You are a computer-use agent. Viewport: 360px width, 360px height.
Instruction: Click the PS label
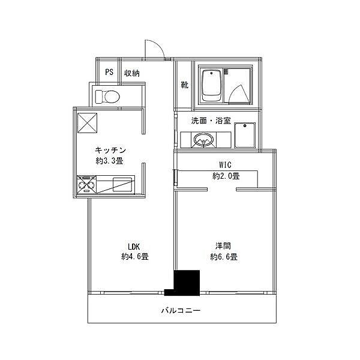tap(109, 72)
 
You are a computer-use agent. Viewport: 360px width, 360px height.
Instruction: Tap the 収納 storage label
tap(132, 73)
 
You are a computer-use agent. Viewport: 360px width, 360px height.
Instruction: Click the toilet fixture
tap(107, 97)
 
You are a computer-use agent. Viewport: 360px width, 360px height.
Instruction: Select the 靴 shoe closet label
tap(185, 85)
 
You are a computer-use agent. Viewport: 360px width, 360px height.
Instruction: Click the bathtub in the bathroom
tap(211, 85)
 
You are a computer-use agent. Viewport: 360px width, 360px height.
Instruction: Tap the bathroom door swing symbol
tap(239, 95)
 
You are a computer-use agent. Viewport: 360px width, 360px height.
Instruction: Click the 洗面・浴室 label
tap(211, 121)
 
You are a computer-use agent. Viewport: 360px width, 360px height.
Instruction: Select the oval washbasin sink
tap(204, 140)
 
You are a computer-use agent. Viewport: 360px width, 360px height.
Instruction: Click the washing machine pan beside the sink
tap(245, 136)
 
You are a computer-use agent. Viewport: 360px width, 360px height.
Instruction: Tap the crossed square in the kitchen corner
tap(87, 123)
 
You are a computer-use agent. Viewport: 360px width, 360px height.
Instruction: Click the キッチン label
tap(110, 151)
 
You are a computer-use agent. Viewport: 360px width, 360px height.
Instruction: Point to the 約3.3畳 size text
tap(110, 161)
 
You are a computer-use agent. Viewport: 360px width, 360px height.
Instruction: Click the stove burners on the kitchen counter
tap(86, 185)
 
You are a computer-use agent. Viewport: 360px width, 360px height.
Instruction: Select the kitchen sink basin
tap(122, 185)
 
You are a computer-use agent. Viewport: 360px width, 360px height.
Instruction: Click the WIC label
tap(225, 165)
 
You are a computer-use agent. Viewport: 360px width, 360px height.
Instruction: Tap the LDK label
tap(134, 247)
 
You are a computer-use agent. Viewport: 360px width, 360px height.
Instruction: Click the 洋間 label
tap(223, 246)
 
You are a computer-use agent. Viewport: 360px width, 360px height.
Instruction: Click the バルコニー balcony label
tap(181, 311)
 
